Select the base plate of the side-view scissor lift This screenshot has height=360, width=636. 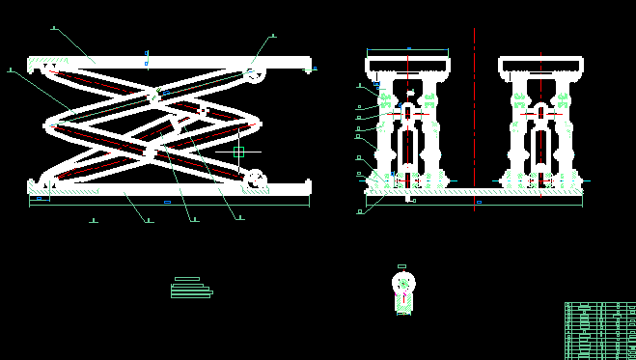169,190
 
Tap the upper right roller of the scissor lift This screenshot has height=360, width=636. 255,73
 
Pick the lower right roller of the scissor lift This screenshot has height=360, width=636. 255,179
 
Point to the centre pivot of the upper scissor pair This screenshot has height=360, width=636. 152,95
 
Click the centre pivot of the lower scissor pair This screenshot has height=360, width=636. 151,152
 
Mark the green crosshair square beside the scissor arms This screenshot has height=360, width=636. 238,152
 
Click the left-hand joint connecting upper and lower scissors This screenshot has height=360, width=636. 51,124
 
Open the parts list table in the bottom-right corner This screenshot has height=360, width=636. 599,330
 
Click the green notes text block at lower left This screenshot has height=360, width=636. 191,289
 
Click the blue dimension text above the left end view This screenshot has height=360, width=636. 408,47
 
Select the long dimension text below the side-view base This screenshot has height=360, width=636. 167,202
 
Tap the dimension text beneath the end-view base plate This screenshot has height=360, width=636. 479,203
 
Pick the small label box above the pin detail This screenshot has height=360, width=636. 402,266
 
